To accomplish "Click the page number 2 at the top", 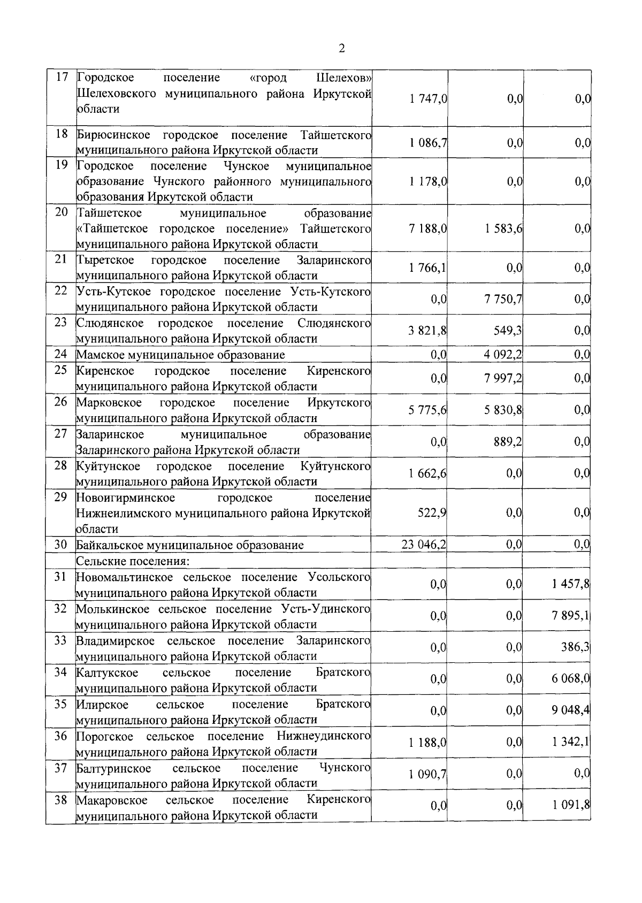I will click(x=341, y=49).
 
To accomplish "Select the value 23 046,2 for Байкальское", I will click(x=424, y=545).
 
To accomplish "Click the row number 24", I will click(x=60, y=354).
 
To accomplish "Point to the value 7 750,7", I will click(x=503, y=299).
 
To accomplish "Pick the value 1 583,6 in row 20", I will click(x=503, y=229).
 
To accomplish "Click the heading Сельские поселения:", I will click(x=133, y=561).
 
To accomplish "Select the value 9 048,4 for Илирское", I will click(x=571, y=710).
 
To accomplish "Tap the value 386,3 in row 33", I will click(x=575, y=647).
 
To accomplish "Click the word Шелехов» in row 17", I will click(x=344, y=78).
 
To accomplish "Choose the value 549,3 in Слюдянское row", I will click(x=508, y=331).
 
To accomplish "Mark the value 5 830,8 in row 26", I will click(x=503, y=410).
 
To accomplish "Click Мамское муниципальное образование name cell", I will click(x=180, y=355).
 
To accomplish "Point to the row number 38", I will click(x=60, y=800).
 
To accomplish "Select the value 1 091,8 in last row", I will click(x=571, y=806).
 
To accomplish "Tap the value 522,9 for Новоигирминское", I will click(x=432, y=512).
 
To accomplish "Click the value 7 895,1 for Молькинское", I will click(x=571, y=616).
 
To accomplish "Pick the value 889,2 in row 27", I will click(x=508, y=441).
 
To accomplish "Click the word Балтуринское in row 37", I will click(x=113, y=768).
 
